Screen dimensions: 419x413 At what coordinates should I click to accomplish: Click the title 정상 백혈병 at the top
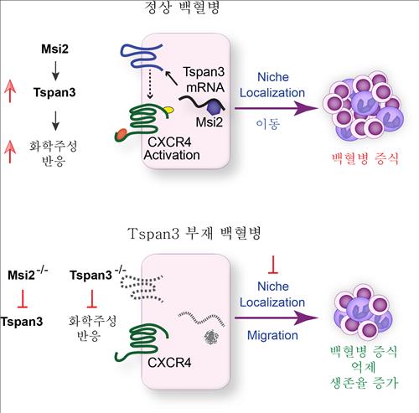pos(182,8)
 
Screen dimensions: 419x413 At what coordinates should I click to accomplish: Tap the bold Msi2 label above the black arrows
pos(54,49)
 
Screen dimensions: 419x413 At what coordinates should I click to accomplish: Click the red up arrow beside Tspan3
pos(10,91)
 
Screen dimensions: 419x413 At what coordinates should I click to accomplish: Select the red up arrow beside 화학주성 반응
pos(10,152)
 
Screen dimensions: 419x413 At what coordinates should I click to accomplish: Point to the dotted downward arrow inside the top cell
pos(150,84)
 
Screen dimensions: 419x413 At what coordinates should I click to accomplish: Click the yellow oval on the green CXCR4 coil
pos(168,110)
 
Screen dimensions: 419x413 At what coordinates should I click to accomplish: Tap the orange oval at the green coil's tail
pos(121,134)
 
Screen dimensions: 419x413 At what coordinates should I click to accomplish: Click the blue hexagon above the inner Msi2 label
pos(214,107)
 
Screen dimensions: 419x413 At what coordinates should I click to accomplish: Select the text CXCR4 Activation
pos(171,148)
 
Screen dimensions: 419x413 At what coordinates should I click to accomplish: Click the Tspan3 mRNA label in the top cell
pos(204,80)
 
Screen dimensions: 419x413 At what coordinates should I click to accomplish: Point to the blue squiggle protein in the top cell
pos(142,56)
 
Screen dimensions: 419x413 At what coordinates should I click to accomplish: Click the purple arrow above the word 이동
pos(277,108)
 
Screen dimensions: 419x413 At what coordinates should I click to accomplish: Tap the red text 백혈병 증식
pos(365,159)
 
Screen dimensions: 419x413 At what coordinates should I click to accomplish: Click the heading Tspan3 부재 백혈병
pos(194,233)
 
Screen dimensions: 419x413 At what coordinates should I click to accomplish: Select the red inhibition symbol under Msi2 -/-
pos(23,299)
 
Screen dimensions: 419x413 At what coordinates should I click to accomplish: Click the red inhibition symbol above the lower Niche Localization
pos(273,265)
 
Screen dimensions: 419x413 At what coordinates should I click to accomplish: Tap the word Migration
pos(272,335)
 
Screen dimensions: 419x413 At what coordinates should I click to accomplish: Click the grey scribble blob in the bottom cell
pos(211,337)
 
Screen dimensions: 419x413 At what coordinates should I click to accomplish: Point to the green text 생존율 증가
pos(364,383)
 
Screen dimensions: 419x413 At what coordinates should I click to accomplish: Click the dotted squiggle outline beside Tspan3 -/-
pos(142,288)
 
